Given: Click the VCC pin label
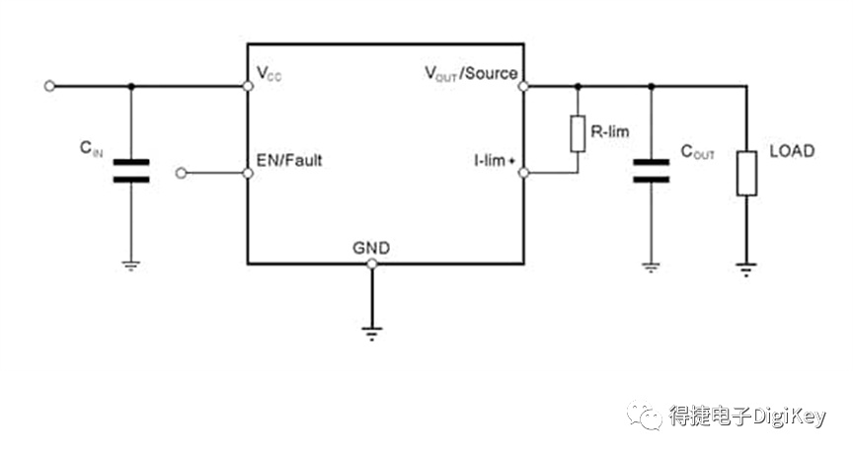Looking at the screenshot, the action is click(x=269, y=73).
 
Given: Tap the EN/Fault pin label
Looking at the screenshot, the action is click(x=289, y=160).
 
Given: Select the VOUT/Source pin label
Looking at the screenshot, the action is click(x=471, y=73).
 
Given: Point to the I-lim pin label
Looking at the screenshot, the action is click(x=494, y=160).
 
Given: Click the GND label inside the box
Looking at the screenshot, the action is click(x=371, y=248).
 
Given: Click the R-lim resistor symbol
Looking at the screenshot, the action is click(x=578, y=133).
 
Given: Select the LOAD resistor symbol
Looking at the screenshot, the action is click(x=747, y=174).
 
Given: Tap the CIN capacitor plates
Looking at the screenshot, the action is click(x=131, y=171).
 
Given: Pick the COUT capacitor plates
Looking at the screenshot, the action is click(x=652, y=171).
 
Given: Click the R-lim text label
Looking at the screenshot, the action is click(x=610, y=131).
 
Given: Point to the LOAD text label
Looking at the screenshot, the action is click(x=792, y=151).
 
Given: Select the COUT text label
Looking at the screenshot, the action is click(x=697, y=152).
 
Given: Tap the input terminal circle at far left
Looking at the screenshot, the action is click(x=49, y=86).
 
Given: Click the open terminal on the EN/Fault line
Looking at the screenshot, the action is click(x=182, y=173).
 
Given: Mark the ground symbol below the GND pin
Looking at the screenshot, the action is click(x=372, y=334).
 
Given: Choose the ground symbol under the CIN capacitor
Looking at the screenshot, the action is click(x=131, y=265).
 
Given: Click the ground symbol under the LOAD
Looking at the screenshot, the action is click(x=746, y=269).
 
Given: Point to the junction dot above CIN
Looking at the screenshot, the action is click(x=131, y=86).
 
